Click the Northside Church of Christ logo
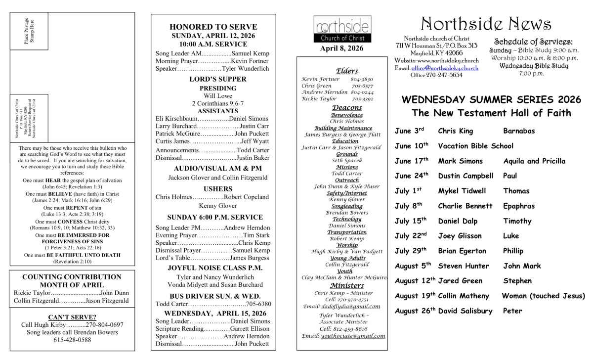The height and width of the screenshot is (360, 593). point(338,30)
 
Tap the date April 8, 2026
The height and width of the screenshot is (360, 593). point(338,48)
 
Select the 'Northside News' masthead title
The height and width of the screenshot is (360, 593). point(486,23)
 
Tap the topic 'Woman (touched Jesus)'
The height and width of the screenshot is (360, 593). point(543,296)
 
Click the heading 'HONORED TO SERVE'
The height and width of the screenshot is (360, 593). point(213,27)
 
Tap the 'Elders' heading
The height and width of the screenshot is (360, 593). point(346,71)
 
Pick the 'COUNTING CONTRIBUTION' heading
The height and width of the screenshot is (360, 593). point(72,277)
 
